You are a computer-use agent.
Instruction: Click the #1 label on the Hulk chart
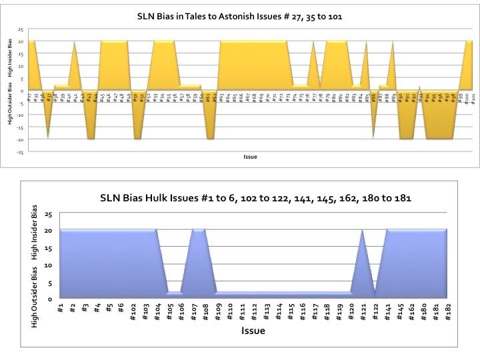(x=61, y=308)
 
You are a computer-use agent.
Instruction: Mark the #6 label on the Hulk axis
(x=121, y=308)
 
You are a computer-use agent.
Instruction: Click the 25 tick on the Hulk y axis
(x=47, y=214)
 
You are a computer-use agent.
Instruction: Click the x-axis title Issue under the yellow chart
(x=248, y=157)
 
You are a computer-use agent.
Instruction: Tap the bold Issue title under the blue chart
(x=254, y=331)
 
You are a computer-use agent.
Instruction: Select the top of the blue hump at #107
(x=197, y=230)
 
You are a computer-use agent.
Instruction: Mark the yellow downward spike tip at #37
(x=48, y=138)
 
